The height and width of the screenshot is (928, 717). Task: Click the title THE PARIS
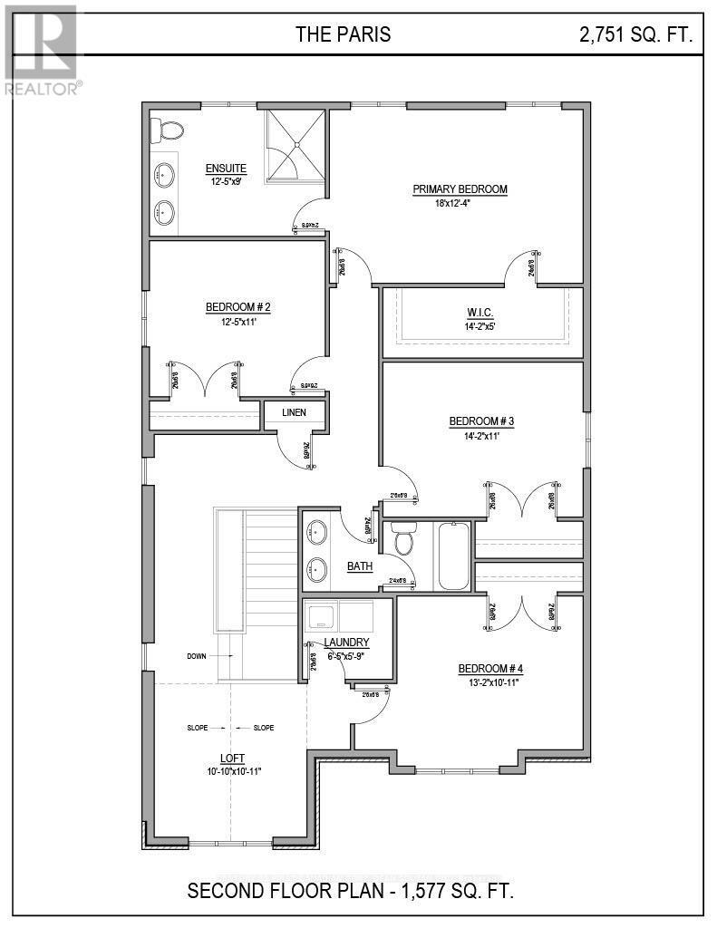point(343,34)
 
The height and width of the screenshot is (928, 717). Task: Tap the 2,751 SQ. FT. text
point(636,34)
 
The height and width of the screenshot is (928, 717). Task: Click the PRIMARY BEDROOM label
point(460,189)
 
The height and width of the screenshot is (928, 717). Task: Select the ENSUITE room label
point(226,168)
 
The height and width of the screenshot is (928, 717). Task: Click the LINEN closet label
point(293,412)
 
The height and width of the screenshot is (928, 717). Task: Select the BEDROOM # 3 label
point(481,421)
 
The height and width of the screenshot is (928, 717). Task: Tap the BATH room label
point(360,566)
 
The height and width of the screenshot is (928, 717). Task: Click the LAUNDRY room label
point(348,643)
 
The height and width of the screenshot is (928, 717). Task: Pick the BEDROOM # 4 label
point(490,669)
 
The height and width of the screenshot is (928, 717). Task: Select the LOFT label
point(232,758)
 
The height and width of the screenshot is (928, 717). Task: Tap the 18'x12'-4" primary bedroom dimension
point(459,203)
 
